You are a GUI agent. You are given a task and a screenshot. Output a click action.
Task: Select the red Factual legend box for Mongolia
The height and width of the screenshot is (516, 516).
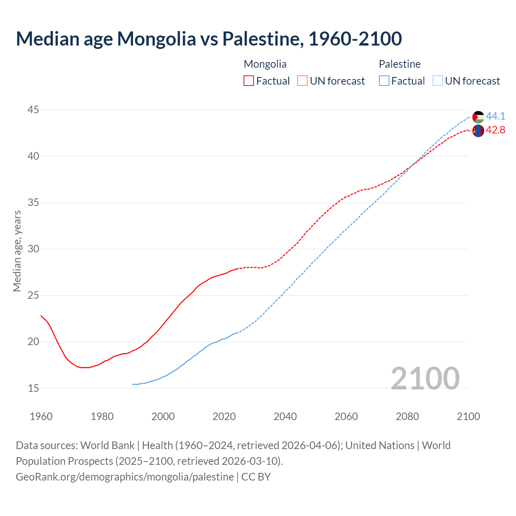pyautogui.click(x=249, y=81)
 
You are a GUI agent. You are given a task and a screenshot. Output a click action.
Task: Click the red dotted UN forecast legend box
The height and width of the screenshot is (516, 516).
pyautogui.click(x=302, y=81)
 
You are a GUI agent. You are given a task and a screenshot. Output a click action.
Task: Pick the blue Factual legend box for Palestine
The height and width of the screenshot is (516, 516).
pyautogui.click(x=384, y=81)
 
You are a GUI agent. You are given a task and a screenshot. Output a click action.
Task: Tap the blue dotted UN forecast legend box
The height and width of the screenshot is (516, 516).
pyautogui.click(x=437, y=81)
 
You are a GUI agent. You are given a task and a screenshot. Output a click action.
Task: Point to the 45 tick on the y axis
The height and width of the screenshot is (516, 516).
pyautogui.click(x=33, y=110)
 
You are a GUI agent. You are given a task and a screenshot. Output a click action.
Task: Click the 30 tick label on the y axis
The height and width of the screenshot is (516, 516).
pyautogui.click(x=33, y=249)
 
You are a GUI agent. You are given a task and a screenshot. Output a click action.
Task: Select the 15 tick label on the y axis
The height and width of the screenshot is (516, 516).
pyautogui.click(x=33, y=388)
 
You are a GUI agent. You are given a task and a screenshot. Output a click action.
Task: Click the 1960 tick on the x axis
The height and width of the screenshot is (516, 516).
pyautogui.click(x=41, y=416)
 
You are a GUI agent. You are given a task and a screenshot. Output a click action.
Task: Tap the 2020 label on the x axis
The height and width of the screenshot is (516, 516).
pyautogui.click(x=224, y=416)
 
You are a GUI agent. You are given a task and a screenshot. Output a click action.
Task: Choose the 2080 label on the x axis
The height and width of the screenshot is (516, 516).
pyautogui.click(x=407, y=416)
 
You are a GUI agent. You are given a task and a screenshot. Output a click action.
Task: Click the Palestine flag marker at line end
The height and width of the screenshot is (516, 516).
pyautogui.click(x=478, y=117)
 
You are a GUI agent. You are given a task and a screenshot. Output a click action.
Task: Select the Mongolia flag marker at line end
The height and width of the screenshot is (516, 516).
pyautogui.click(x=478, y=131)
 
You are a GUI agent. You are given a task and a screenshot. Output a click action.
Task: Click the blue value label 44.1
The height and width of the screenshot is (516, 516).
pyautogui.click(x=495, y=116)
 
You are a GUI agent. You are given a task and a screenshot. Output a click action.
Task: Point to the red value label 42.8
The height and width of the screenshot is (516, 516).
pyautogui.click(x=495, y=130)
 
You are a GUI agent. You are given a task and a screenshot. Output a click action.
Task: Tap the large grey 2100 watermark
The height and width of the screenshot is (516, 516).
pyautogui.click(x=425, y=378)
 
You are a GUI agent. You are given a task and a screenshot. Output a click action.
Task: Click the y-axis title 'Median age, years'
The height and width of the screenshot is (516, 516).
pyautogui.click(x=17, y=250)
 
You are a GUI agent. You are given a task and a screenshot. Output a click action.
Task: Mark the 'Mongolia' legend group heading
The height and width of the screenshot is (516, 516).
pyautogui.click(x=265, y=64)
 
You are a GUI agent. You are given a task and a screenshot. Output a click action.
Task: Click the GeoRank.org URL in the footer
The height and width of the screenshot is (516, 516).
pyautogui.click(x=125, y=477)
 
